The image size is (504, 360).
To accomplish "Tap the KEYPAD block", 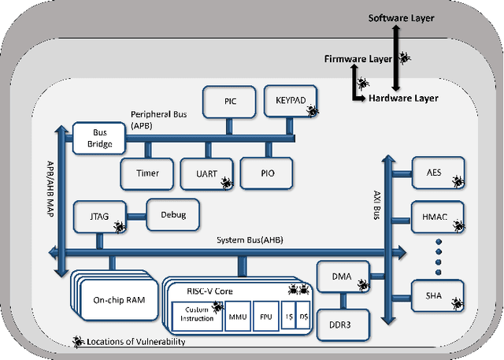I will [291, 101].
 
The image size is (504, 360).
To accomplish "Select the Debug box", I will [172, 213].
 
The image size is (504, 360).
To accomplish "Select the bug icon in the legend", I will [80, 341].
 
